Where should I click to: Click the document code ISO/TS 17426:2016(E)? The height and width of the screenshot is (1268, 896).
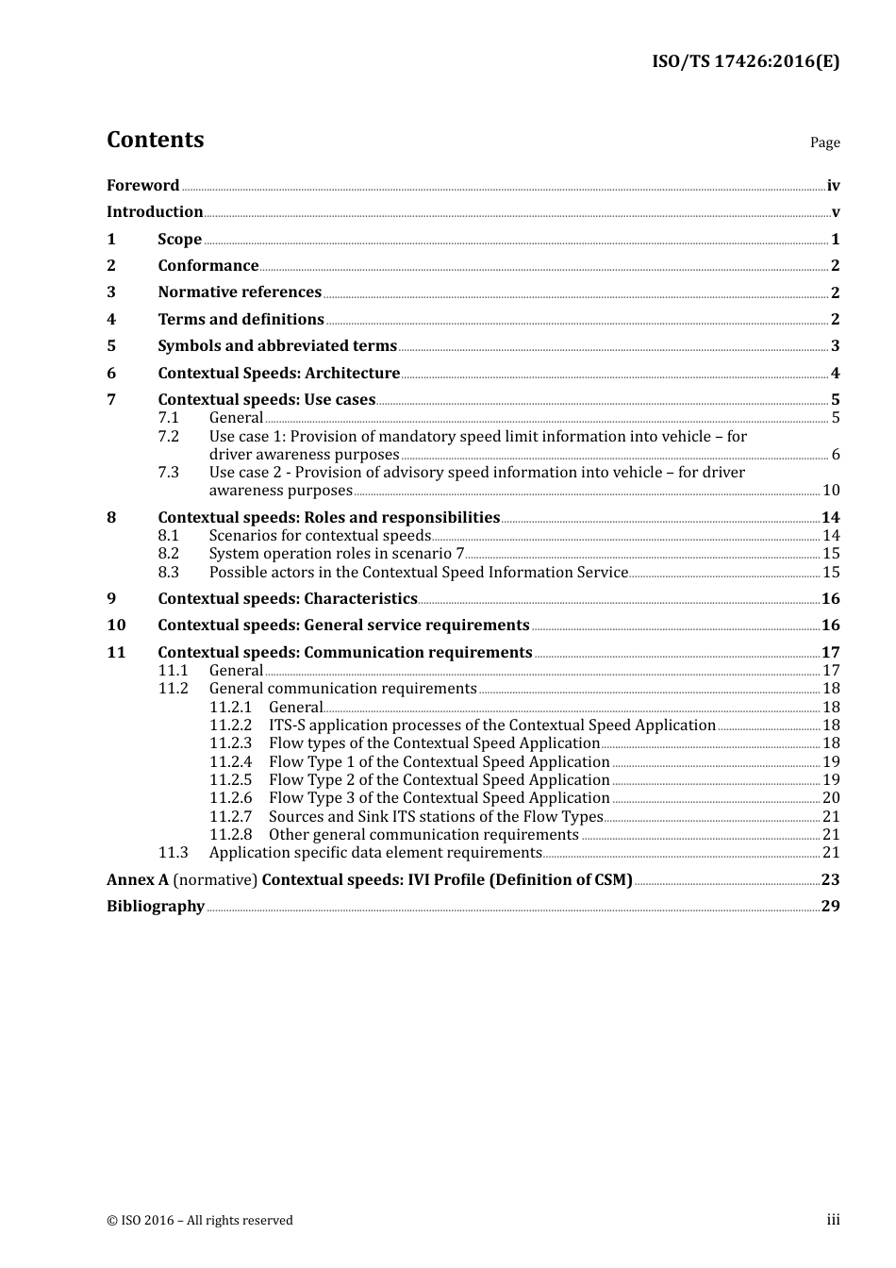(x=745, y=62)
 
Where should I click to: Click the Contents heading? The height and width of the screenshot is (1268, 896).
(x=155, y=140)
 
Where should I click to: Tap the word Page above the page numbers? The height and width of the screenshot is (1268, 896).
(x=824, y=142)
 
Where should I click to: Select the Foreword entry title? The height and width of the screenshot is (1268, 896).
(x=142, y=186)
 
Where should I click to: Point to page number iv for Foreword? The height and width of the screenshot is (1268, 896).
(x=833, y=186)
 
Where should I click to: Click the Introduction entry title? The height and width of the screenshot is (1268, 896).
(x=155, y=212)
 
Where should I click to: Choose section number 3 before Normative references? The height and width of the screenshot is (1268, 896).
(x=111, y=292)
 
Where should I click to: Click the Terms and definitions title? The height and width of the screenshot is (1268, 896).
(x=241, y=320)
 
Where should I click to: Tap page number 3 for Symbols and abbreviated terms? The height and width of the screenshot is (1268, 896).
(x=835, y=346)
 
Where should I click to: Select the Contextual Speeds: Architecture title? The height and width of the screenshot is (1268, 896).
(x=278, y=374)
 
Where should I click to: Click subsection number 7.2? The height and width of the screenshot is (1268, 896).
(x=168, y=437)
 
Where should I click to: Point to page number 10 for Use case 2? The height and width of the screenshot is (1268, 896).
(x=831, y=491)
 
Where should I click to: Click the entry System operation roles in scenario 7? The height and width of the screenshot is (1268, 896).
(x=336, y=554)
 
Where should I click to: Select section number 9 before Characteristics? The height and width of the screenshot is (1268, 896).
(x=111, y=599)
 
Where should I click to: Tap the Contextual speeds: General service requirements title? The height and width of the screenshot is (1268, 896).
(x=343, y=626)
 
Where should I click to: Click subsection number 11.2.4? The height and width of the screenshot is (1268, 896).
(x=230, y=762)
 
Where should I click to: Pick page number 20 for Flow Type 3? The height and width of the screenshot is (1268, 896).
(x=831, y=798)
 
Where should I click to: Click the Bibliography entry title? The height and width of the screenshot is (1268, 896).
(x=156, y=907)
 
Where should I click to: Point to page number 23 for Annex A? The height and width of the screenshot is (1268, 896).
(x=830, y=880)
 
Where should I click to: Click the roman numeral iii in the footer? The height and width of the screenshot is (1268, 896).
(x=833, y=1220)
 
